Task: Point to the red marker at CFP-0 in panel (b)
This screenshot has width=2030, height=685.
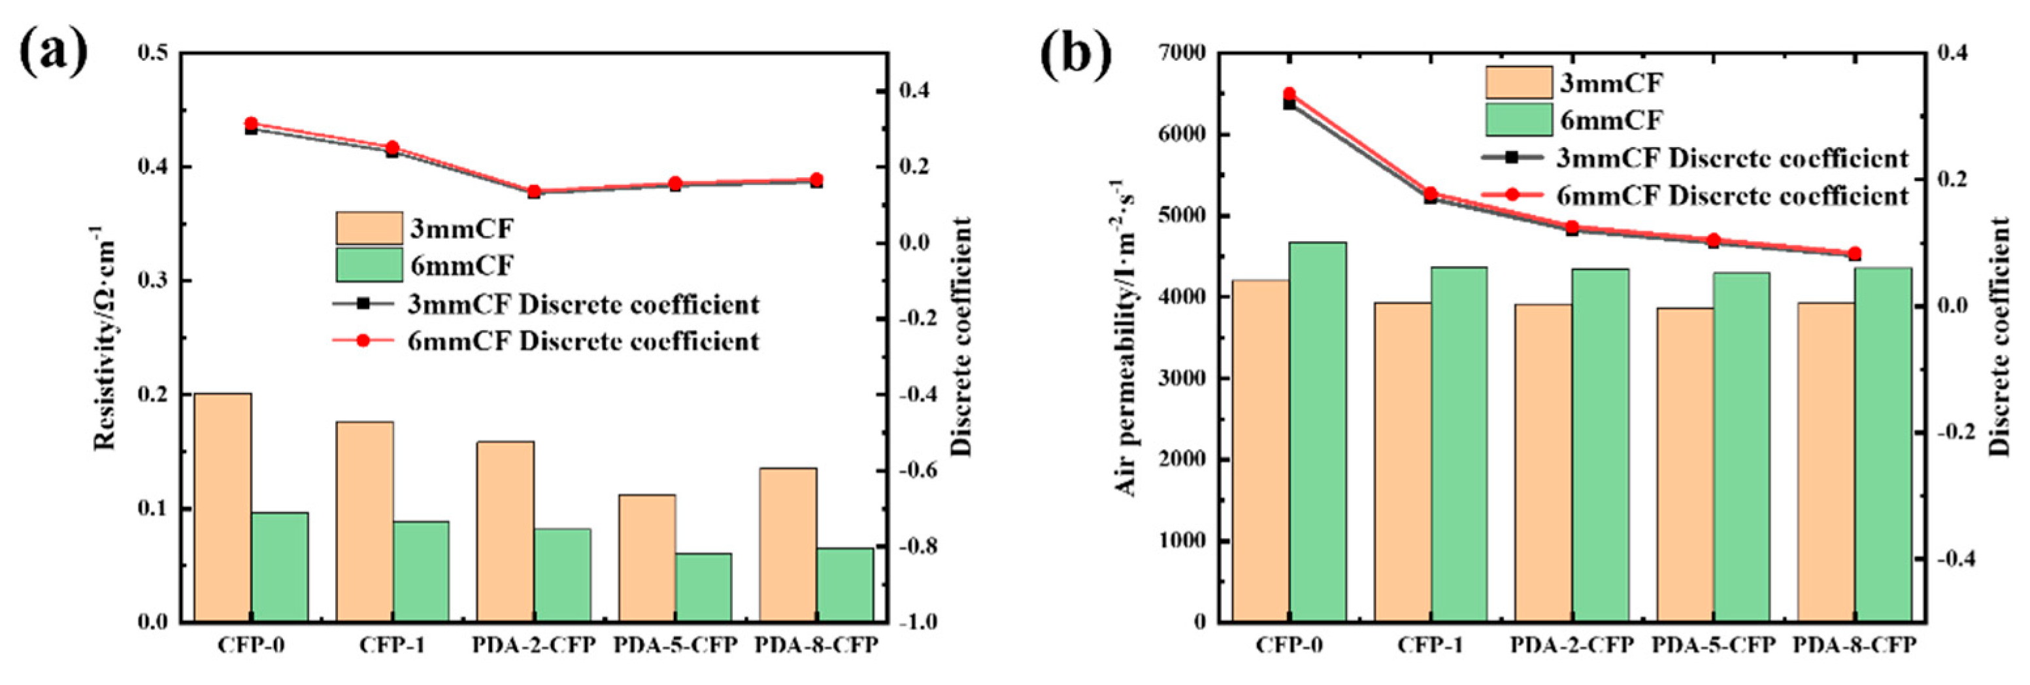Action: (x=1290, y=95)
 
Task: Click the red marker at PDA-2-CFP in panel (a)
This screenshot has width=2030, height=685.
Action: (x=533, y=192)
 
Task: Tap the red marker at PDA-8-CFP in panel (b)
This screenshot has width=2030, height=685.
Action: (x=1854, y=253)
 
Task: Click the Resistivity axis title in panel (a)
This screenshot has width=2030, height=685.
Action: (x=106, y=339)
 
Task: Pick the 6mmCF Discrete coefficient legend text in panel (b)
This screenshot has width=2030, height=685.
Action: (x=1733, y=195)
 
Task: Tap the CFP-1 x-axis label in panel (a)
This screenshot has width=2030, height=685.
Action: (x=392, y=646)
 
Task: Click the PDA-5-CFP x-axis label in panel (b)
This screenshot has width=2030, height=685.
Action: (x=1713, y=646)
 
